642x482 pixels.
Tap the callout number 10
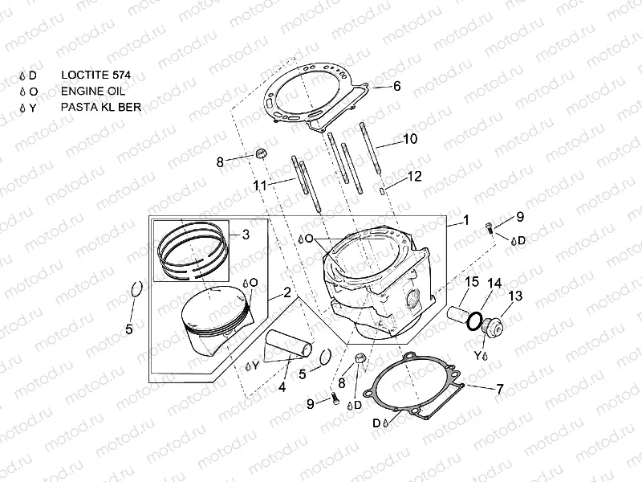pos(409,139)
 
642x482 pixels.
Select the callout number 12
pos(414,175)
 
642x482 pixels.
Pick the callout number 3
pos(246,235)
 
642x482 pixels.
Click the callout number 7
pos(499,389)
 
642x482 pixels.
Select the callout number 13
pos(514,296)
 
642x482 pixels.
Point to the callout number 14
pos(494,284)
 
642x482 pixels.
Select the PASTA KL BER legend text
pos(100,106)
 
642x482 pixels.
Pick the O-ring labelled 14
pos(477,321)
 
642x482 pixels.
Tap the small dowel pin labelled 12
pos(385,190)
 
